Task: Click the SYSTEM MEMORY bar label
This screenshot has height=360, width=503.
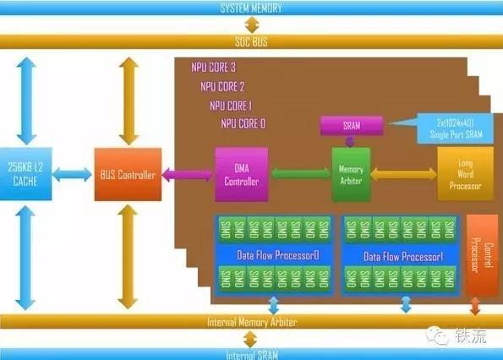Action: tap(251, 8)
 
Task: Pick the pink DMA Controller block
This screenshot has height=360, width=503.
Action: tap(242, 174)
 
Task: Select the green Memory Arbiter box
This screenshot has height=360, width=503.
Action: tap(351, 173)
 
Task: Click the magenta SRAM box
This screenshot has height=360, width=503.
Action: tap(350, 124)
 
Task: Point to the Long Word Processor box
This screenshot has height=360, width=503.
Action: tap(464, 173)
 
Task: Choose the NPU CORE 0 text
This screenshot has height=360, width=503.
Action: tap(243, 123)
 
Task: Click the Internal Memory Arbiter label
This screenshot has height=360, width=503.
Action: tap(251, 322)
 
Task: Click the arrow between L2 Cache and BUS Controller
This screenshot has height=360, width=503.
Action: tap(74, 175)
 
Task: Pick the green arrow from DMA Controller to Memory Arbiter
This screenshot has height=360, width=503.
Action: tap(300, 174)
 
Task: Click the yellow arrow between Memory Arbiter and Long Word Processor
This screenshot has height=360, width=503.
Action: tap(403, 173)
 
